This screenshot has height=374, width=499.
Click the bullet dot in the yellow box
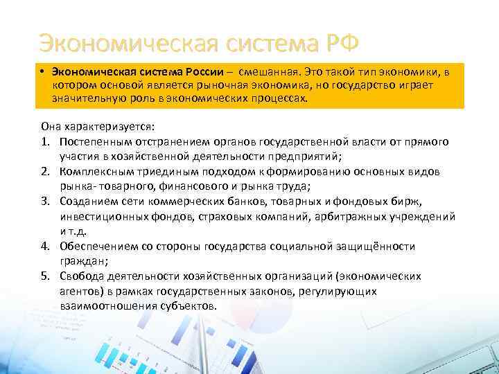(42, 71)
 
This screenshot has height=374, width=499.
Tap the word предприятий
(309, 157)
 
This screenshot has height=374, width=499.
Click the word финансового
(178, 186)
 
